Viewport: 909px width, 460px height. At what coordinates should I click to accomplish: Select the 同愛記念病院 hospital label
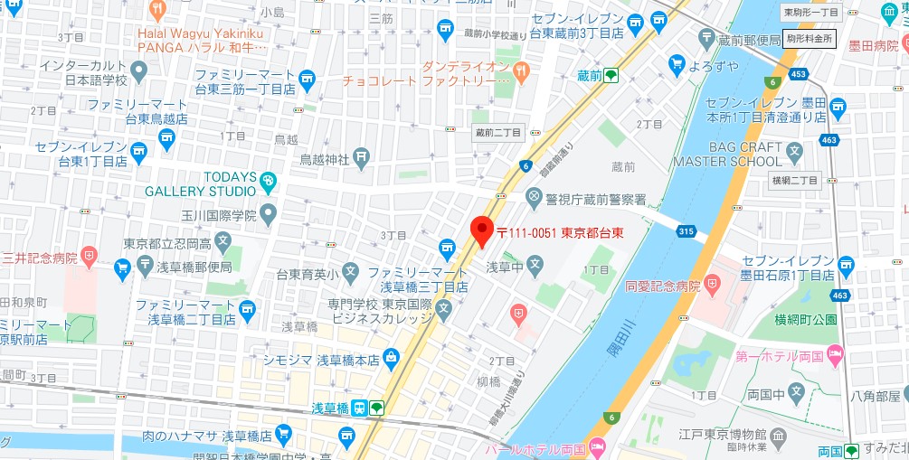[663, 286]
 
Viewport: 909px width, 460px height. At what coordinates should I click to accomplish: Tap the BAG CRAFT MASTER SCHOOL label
[727, 154]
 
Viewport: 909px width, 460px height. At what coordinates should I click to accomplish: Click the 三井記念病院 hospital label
[40, 257]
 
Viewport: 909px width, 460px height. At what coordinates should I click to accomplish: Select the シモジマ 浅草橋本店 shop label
[321, 359]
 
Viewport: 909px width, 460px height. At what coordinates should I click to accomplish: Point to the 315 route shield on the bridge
[686, 232]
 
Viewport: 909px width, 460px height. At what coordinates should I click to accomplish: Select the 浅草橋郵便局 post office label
[185, 267]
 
